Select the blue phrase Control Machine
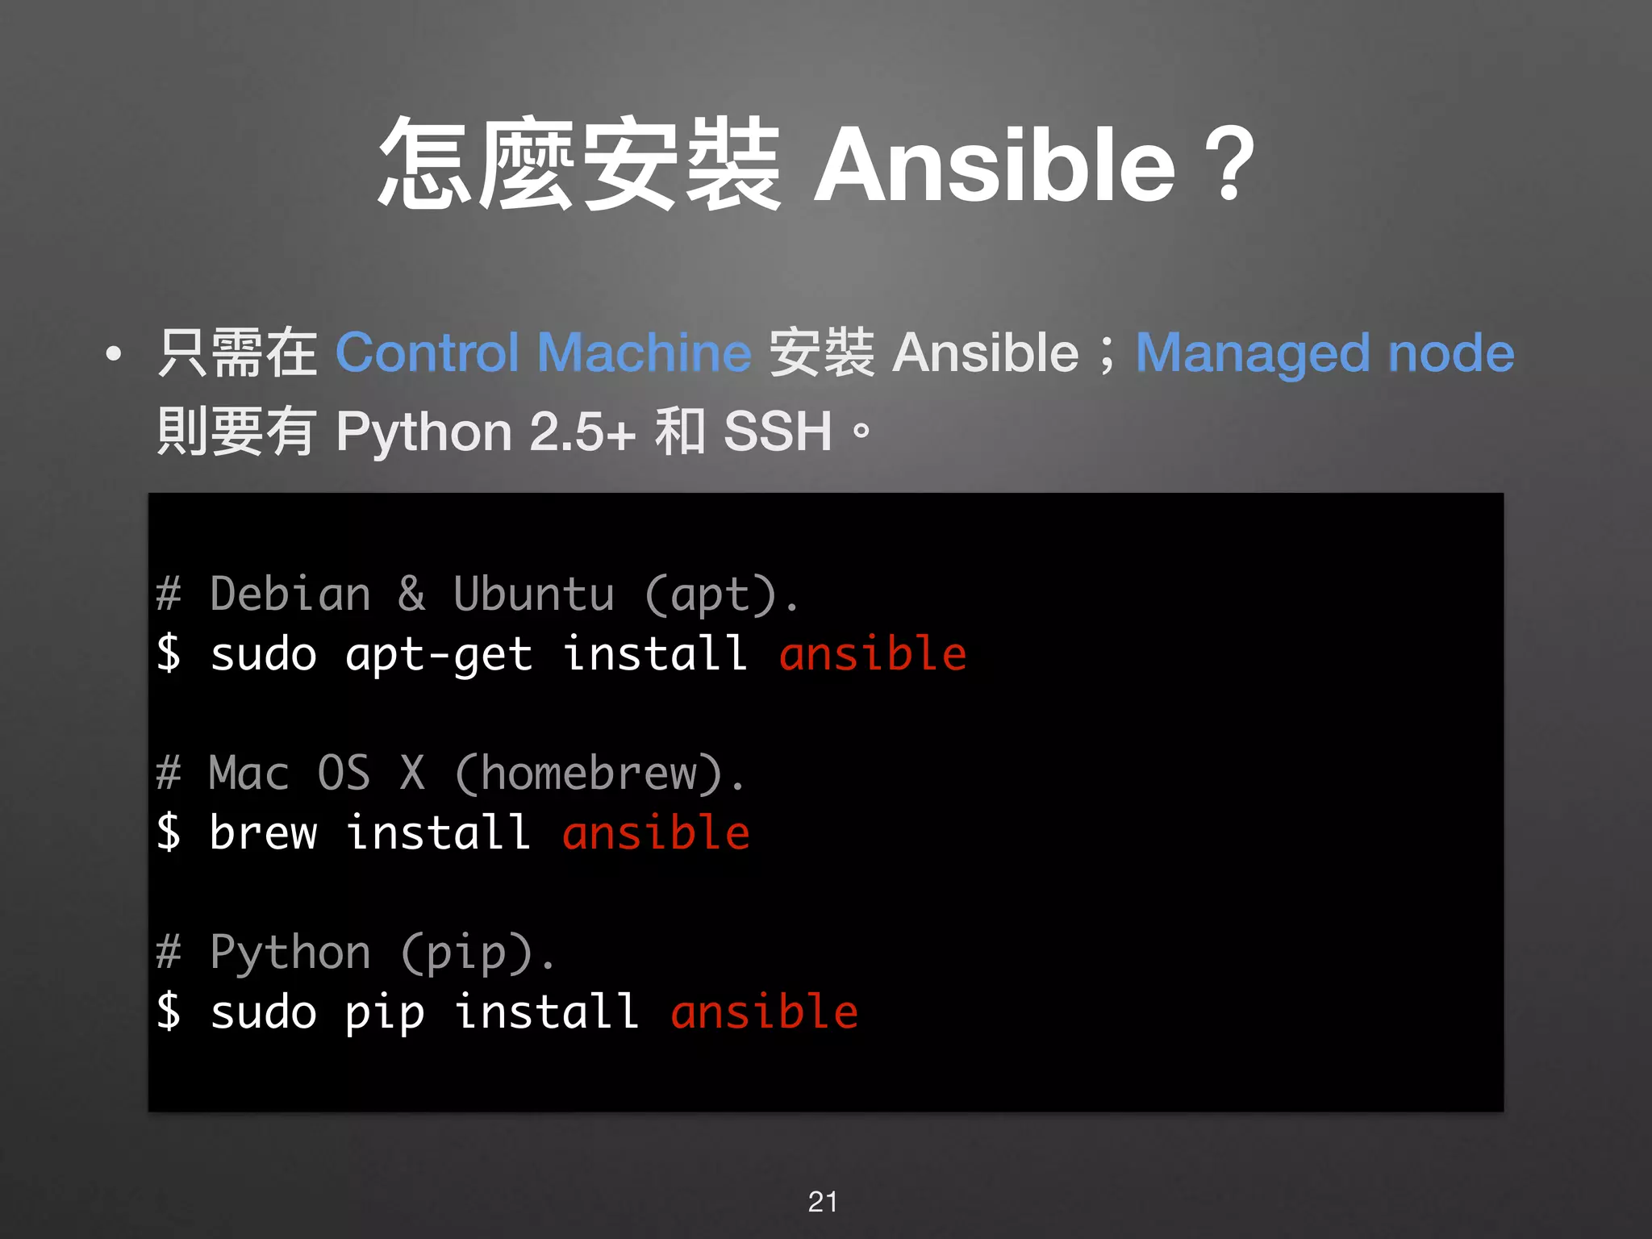tap(543, 353)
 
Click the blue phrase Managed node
tap(1325, 353)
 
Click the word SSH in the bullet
tap(777, 432)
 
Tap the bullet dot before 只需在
tap(114, 353)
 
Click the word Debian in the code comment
tap(290, 594)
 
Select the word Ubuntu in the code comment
tap(533, 594)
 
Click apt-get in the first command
tap(439, 654)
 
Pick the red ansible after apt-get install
tap(872, 654)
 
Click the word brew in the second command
tap(263, 833)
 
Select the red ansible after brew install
tap(656, 833)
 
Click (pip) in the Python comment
tap(466, 953)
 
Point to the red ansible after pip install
tap(764, 1012)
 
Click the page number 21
tap(823, 1202)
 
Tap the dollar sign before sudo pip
tap(169, 1012)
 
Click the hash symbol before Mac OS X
tap(169, 774)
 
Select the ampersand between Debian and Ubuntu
tap(411, 594)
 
